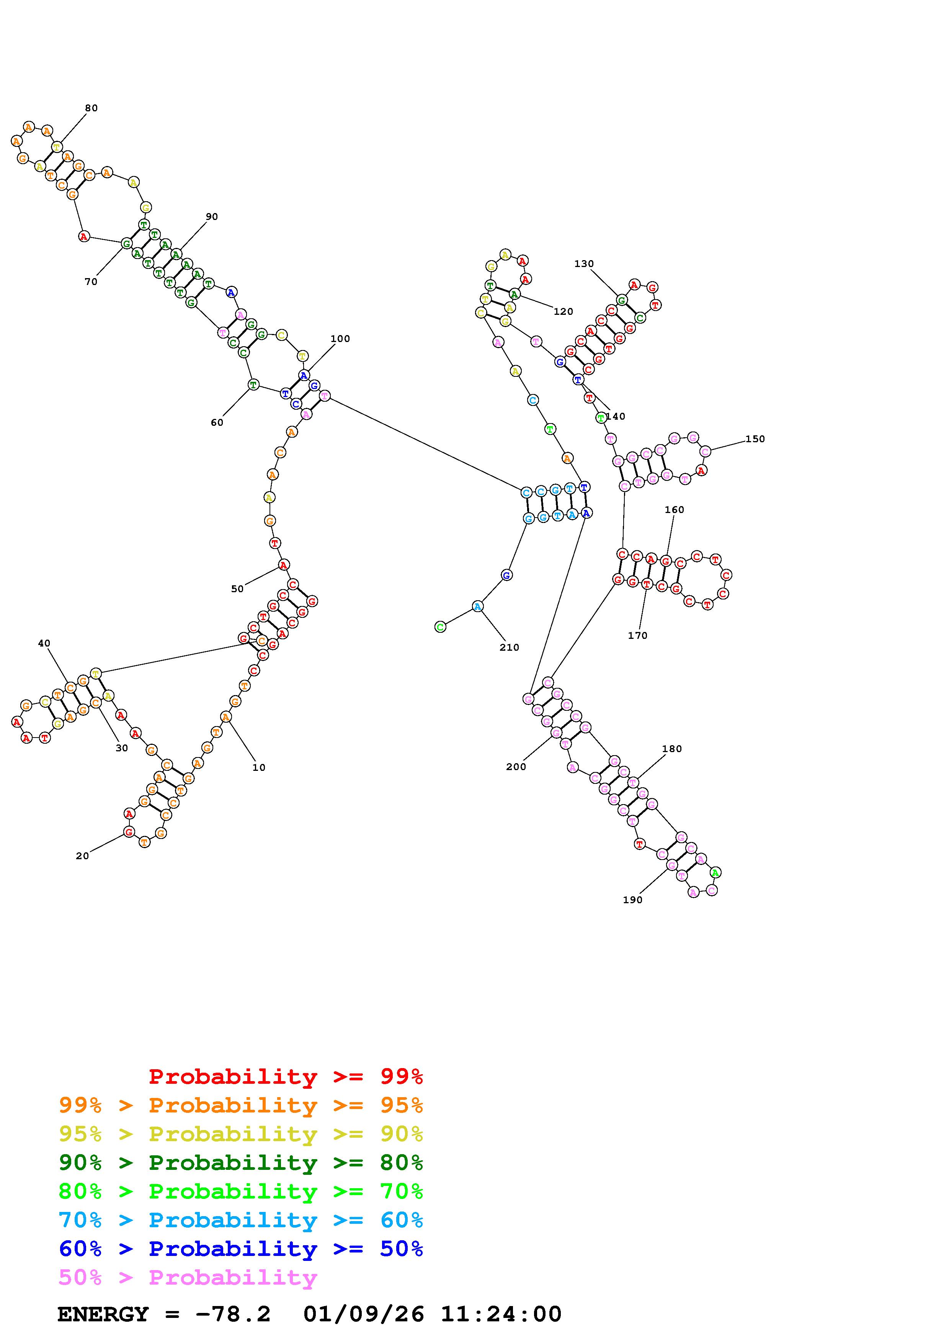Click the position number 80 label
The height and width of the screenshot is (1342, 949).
(x=91, y=108)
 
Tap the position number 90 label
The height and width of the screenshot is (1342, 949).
(x=212, y=217)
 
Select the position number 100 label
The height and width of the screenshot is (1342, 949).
(x=340, y=339)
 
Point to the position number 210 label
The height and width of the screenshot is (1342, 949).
(x=509, y=648)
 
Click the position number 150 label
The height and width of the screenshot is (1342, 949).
(x=755, y=439)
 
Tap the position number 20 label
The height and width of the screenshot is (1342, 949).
(x=82, y=856)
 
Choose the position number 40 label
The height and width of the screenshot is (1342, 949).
(x=44, y=643)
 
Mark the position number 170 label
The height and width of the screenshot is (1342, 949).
(x=638, y=636)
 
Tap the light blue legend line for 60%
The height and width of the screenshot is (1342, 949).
(x=241, y=1220)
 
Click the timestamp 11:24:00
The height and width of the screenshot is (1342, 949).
(x=500, y=1314)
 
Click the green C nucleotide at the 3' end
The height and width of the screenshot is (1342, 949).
(x=440, y=627)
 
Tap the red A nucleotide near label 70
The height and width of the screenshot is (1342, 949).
(x=84, y=237)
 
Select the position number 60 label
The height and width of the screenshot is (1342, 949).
(x=217, y=423)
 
